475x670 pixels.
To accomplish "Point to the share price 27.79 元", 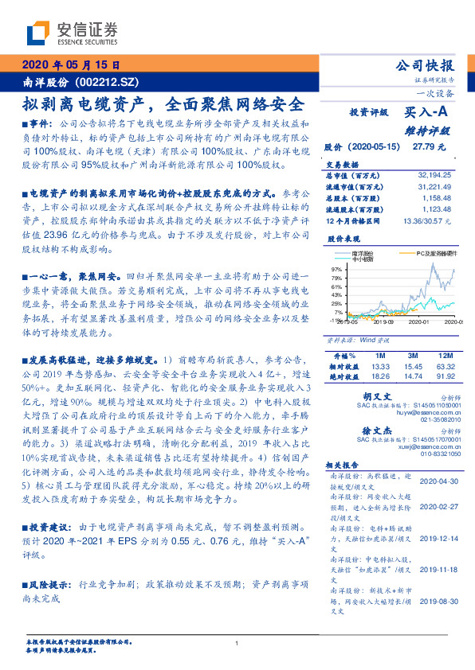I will pyautogui.click(x=422, y=147).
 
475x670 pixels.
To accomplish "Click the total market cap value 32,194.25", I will pyautogui.click(x=434, y=173).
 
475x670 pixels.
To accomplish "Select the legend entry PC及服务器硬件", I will pyautogui.click(x=437, y=252).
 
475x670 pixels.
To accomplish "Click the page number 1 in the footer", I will pyautogui.click(x=237, y=644).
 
